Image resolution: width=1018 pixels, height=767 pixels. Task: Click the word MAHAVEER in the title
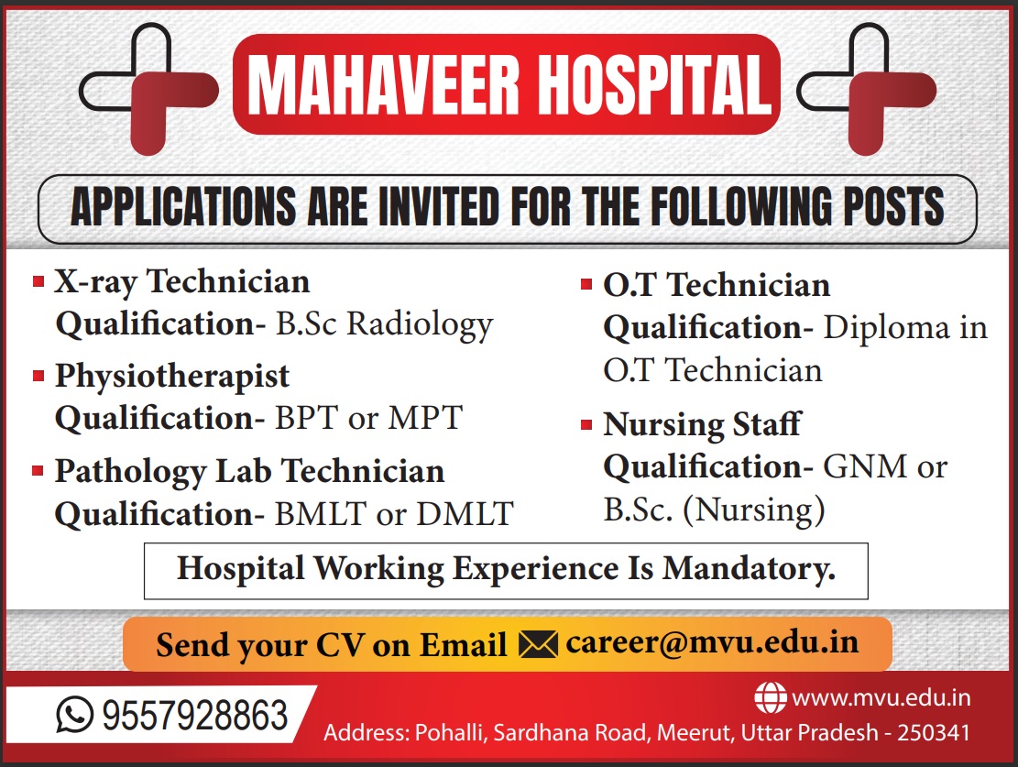[384, 84]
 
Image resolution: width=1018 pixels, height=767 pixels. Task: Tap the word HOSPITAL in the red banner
[654, 84]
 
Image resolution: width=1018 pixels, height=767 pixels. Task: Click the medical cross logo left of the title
[148, 89]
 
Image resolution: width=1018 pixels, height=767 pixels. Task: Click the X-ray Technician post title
[181, 282]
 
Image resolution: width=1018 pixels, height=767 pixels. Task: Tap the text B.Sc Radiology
[384, 324]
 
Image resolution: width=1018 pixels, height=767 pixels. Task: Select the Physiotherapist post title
[172, 377]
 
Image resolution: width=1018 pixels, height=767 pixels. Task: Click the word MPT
[425, 418]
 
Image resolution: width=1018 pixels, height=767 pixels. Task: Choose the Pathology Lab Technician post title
[249, 472]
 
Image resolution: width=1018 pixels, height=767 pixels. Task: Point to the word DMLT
[465, 514]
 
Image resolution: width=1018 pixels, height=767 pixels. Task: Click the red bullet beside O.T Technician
[586, 284]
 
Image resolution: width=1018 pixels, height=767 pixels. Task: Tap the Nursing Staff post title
[703, 425]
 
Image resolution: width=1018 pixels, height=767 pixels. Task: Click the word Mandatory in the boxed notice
[748, 569]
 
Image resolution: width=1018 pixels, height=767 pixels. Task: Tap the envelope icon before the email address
[538, 644]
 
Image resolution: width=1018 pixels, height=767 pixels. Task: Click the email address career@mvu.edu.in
[712, 642]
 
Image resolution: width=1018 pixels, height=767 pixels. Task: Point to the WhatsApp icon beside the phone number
[74, 715]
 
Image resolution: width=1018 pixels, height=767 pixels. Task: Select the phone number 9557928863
[195, 715]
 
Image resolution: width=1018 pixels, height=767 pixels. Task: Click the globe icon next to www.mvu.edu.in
[770, 698]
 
